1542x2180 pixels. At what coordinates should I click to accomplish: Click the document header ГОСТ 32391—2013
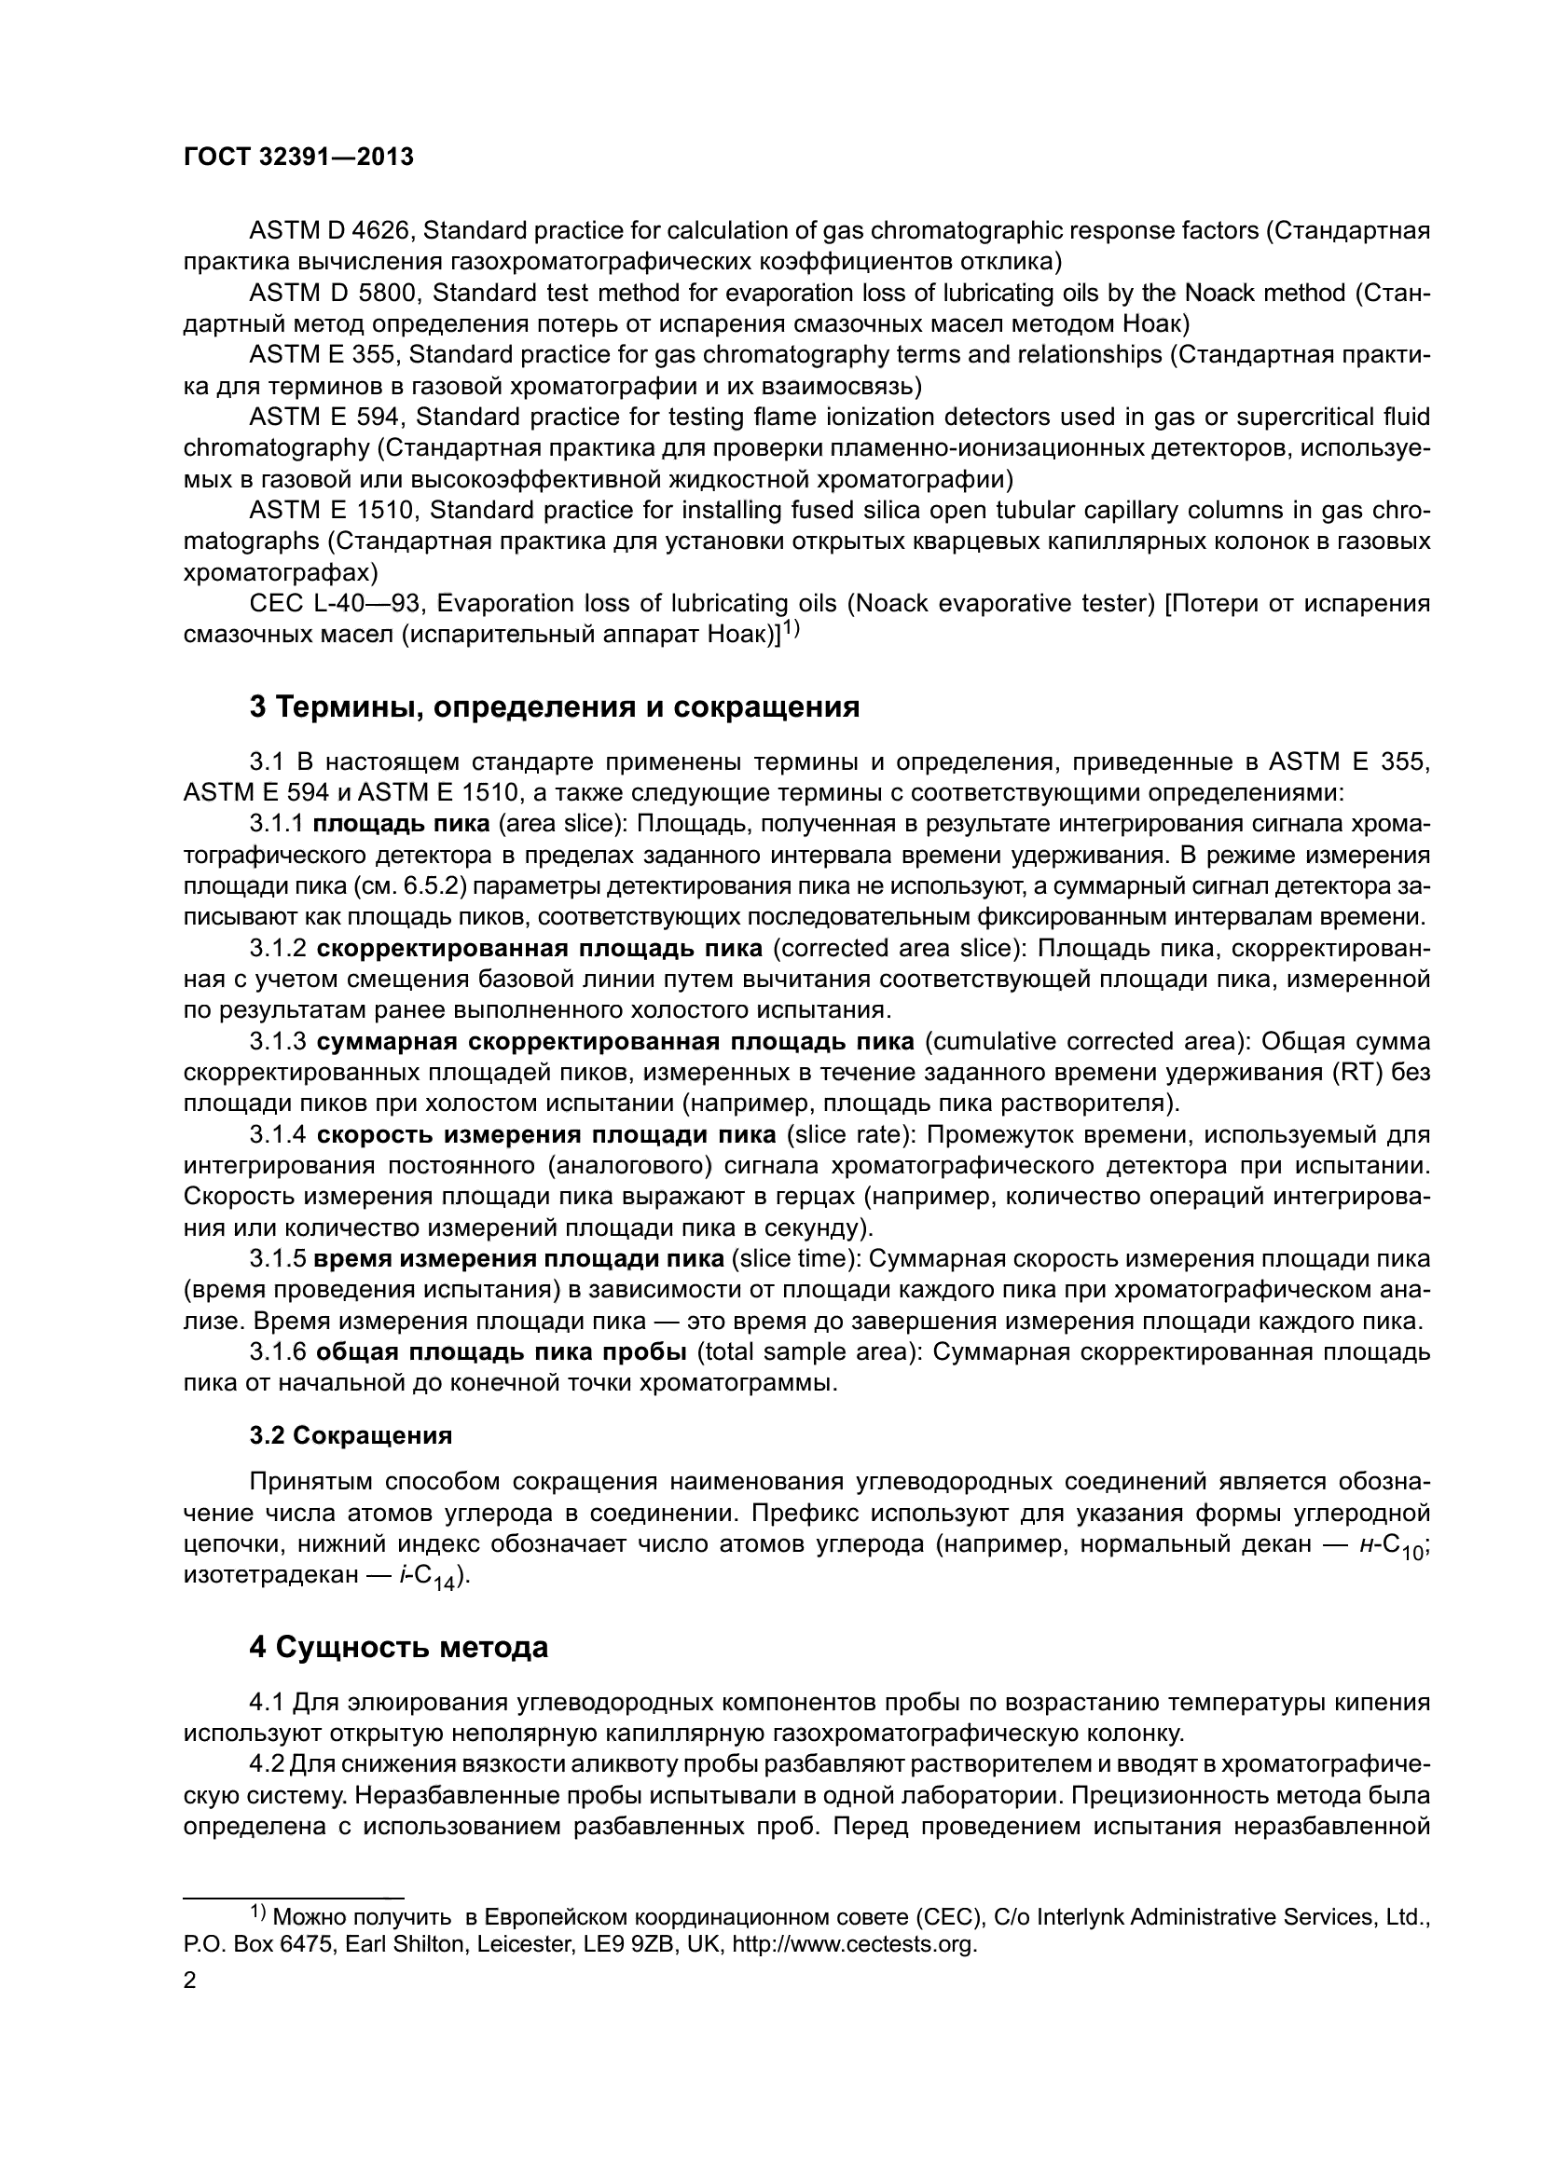click(298, 158)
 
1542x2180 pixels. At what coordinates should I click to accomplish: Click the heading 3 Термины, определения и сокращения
click(555, 706)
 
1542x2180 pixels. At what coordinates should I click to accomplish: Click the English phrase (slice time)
click(793, 1259)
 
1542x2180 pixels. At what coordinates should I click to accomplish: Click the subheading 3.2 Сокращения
click(351, 1435)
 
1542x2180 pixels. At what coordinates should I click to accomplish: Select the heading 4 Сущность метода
click(399, 1647)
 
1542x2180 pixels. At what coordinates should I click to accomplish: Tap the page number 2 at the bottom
click(189, 1981)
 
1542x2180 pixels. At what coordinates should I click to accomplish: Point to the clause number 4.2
click(267, 1764)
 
